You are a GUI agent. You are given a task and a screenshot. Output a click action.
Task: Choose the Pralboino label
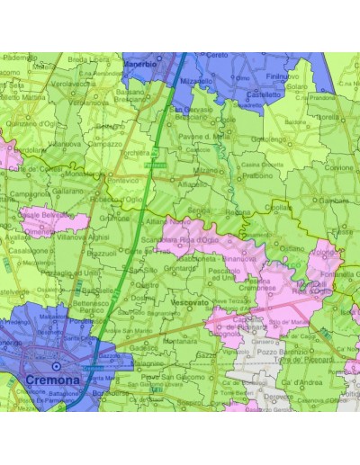tap(258, 175)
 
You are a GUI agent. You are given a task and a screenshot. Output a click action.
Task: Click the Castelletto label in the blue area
tap(265, 94)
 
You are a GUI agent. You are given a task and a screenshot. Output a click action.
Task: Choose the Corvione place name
tap(339, 168)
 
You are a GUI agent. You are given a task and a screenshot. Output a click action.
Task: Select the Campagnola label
tap(31, 192)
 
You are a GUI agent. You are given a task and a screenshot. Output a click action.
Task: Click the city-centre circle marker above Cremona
tap(57, 367)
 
